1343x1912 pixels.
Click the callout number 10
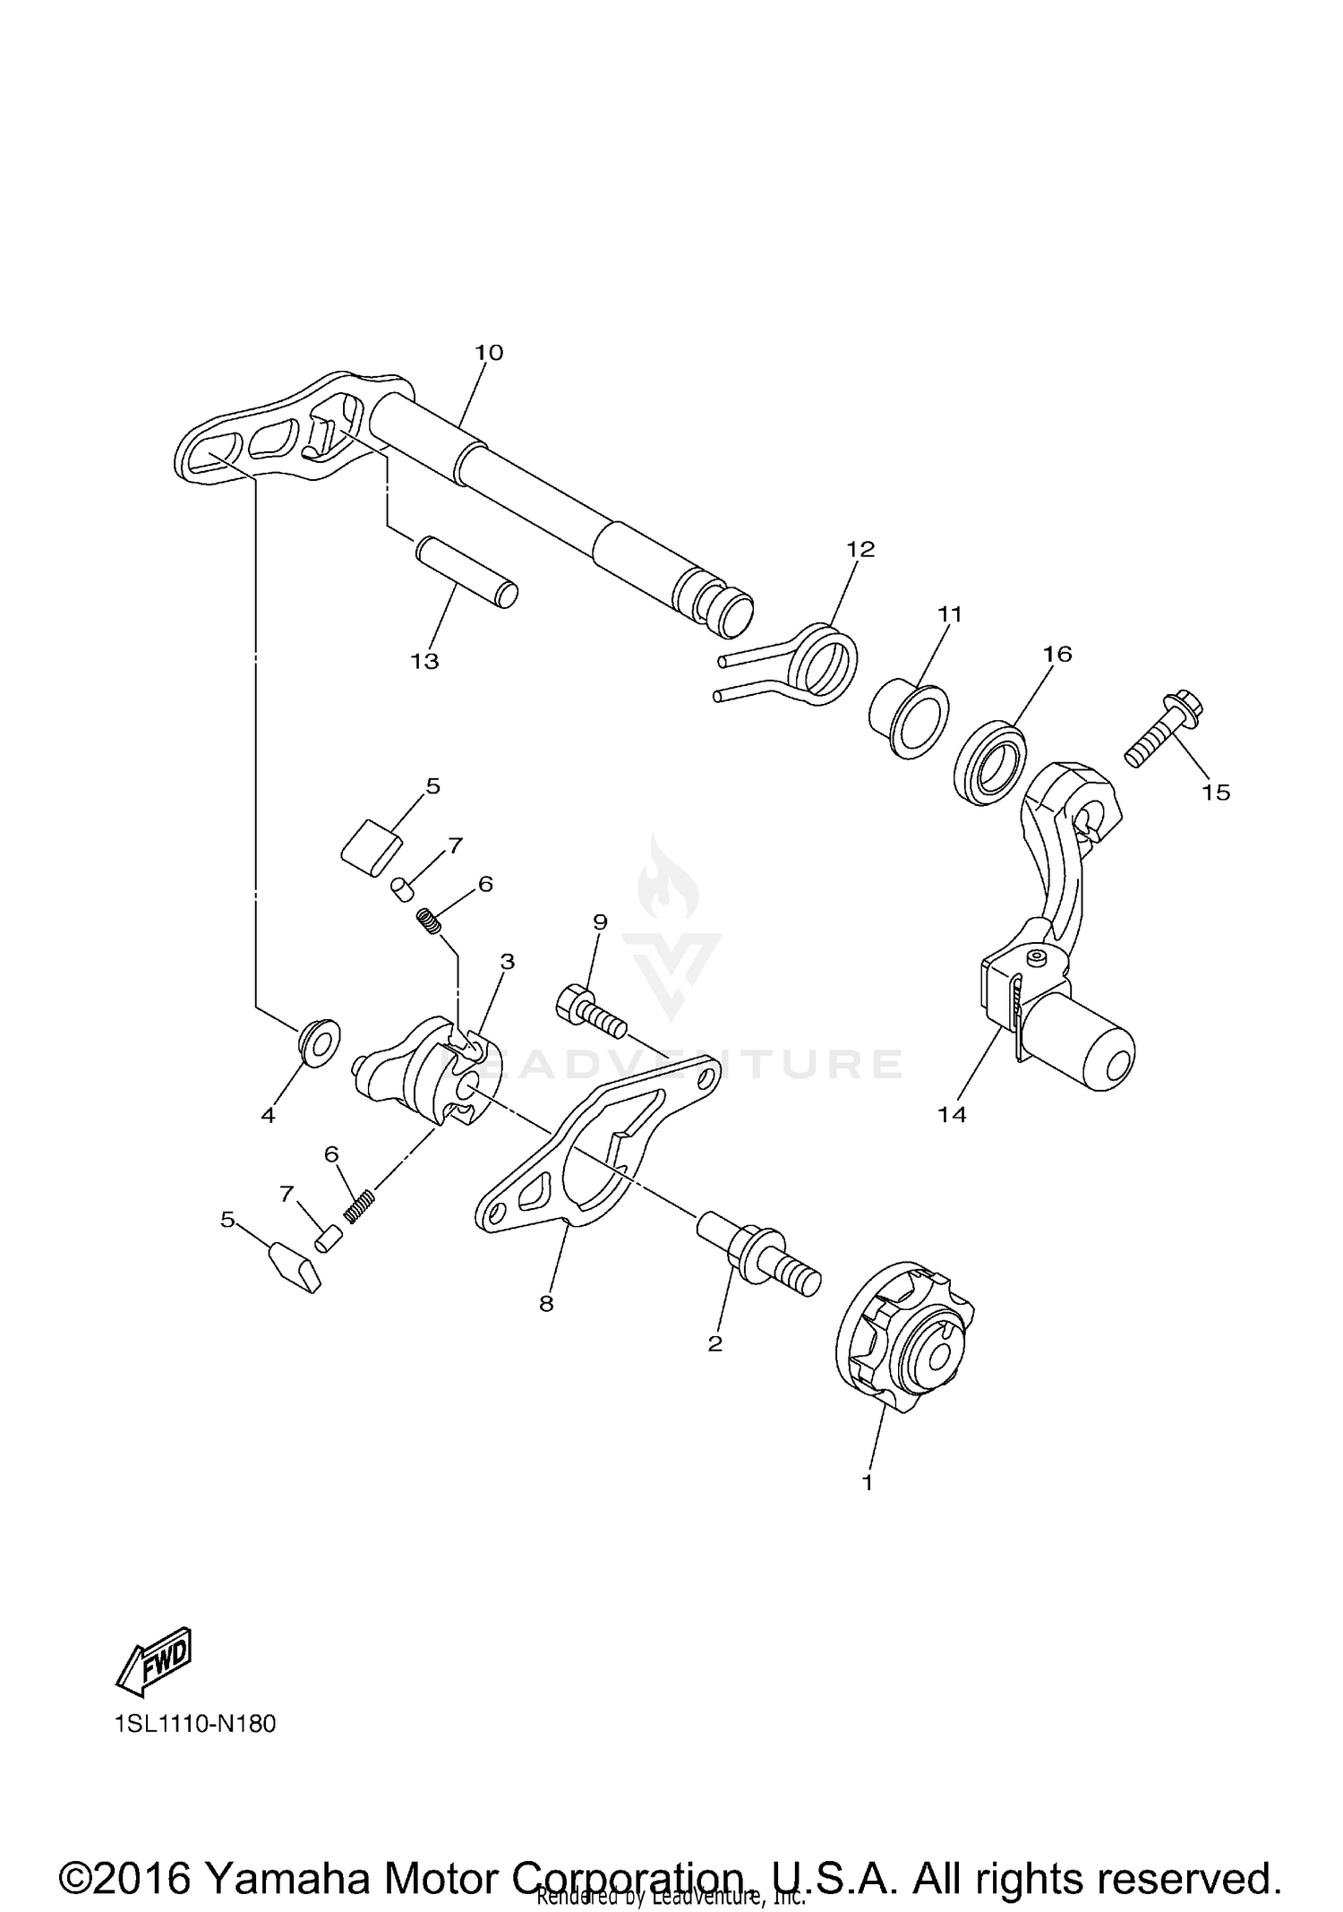[x=489, y=353]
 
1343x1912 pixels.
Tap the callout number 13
[x=425, y=662]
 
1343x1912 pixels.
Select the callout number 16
[x=1057, y=654]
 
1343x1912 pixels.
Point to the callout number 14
[x=953, y=1114]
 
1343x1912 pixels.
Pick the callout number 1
[x=867, y=1482]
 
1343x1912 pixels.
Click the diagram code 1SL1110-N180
[x=195, y=1723]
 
